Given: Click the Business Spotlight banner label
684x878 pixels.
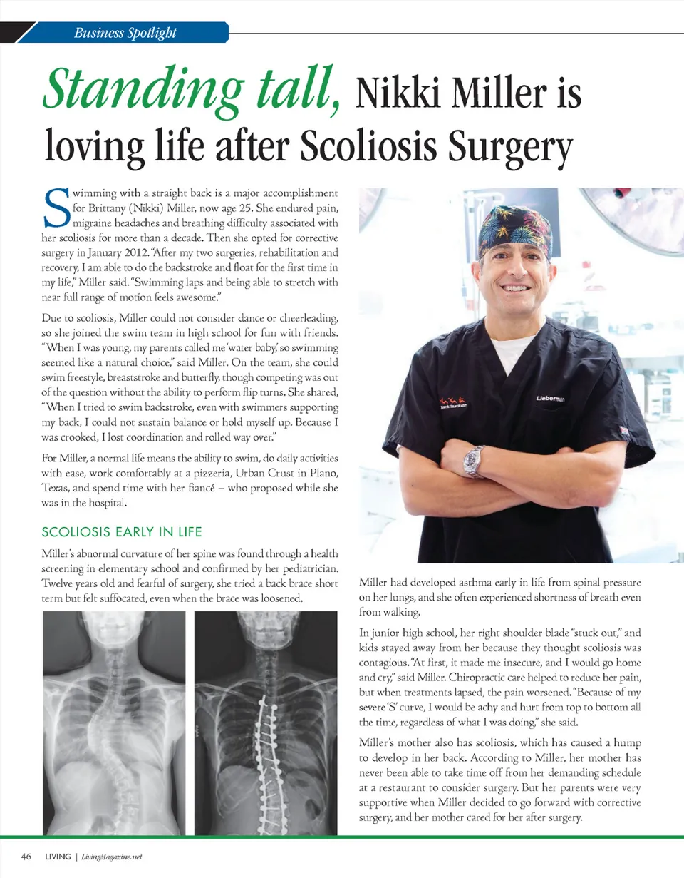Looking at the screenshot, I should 125,33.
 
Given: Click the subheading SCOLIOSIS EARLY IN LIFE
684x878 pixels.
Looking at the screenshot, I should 123,532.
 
